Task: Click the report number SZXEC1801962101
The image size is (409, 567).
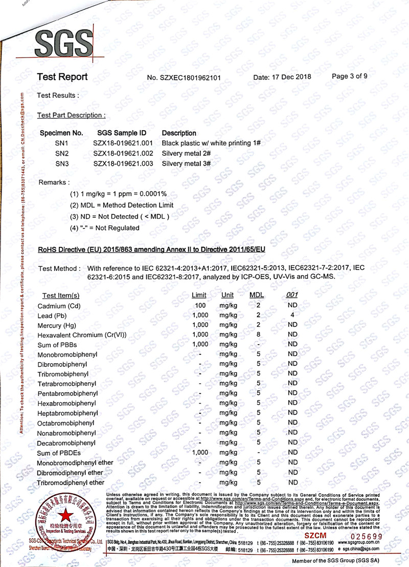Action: (x=184, y=78)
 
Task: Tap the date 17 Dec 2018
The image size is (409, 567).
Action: (x=282, y=77)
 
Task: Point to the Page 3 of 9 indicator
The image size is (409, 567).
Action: (x=349, y=76)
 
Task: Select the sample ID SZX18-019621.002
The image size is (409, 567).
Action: (x=123, y=153)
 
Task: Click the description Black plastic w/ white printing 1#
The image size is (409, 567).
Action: (x=211, y=143)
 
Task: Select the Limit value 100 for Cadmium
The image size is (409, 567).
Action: (x=200, y=305)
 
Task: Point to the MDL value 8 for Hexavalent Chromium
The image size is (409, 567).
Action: (x=259, y=334)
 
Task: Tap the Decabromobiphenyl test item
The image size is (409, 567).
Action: (x=66, y=443)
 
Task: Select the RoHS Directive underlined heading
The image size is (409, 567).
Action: (x=152, y=249)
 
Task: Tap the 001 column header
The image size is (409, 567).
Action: (x=292, y=295)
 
